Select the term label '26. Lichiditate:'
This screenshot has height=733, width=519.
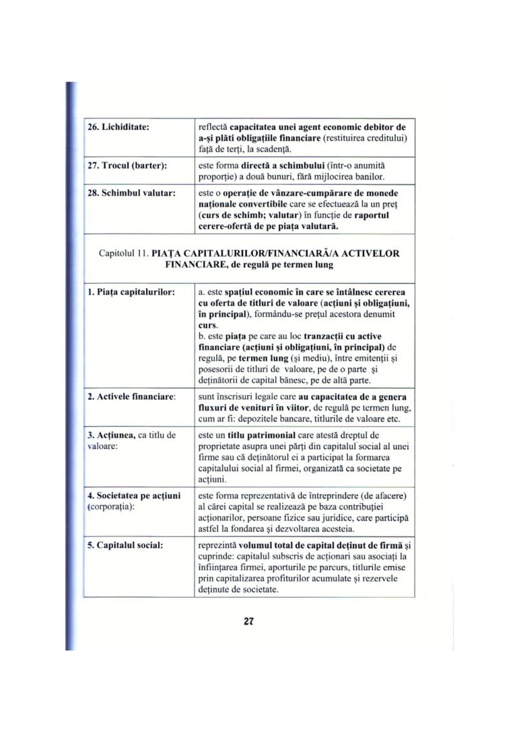click(118, 128)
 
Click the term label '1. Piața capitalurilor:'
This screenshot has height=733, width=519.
click(130, 292)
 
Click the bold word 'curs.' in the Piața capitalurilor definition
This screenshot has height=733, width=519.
click(208, 326)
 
